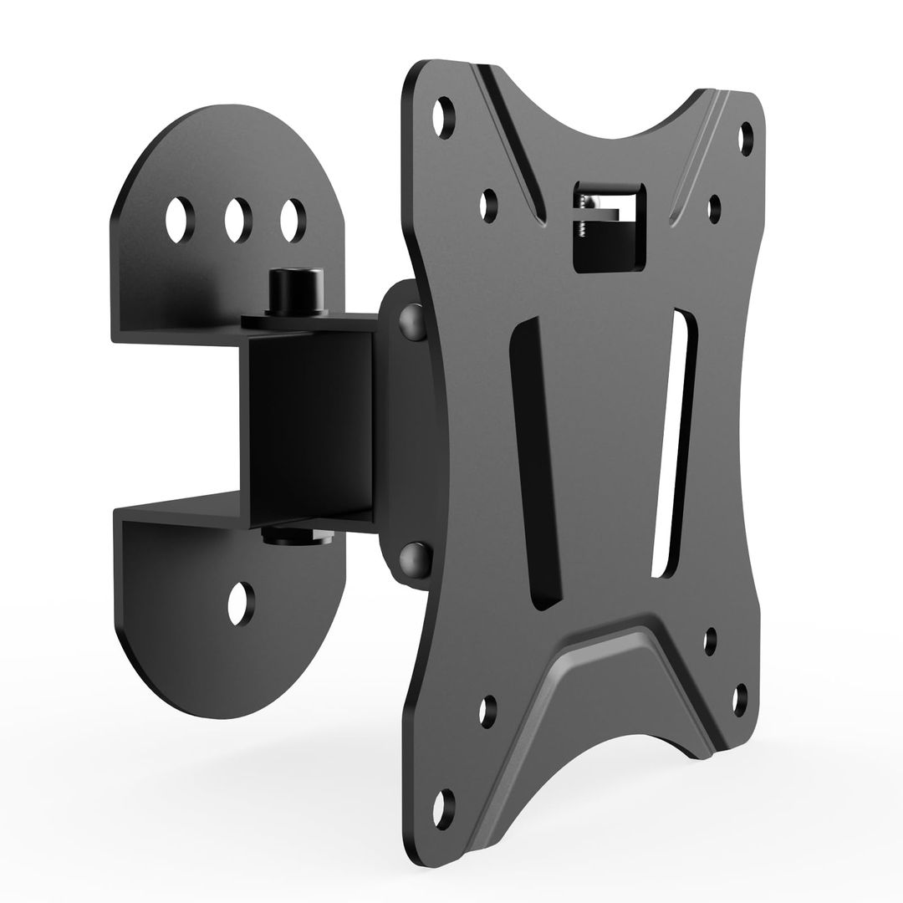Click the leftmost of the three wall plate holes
tap(179, 219)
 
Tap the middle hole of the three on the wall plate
tap(238, 219)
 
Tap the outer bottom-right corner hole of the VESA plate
tap(739, 697)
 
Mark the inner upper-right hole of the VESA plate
tap(715, 207)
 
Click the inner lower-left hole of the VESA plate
tap(488, 710)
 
